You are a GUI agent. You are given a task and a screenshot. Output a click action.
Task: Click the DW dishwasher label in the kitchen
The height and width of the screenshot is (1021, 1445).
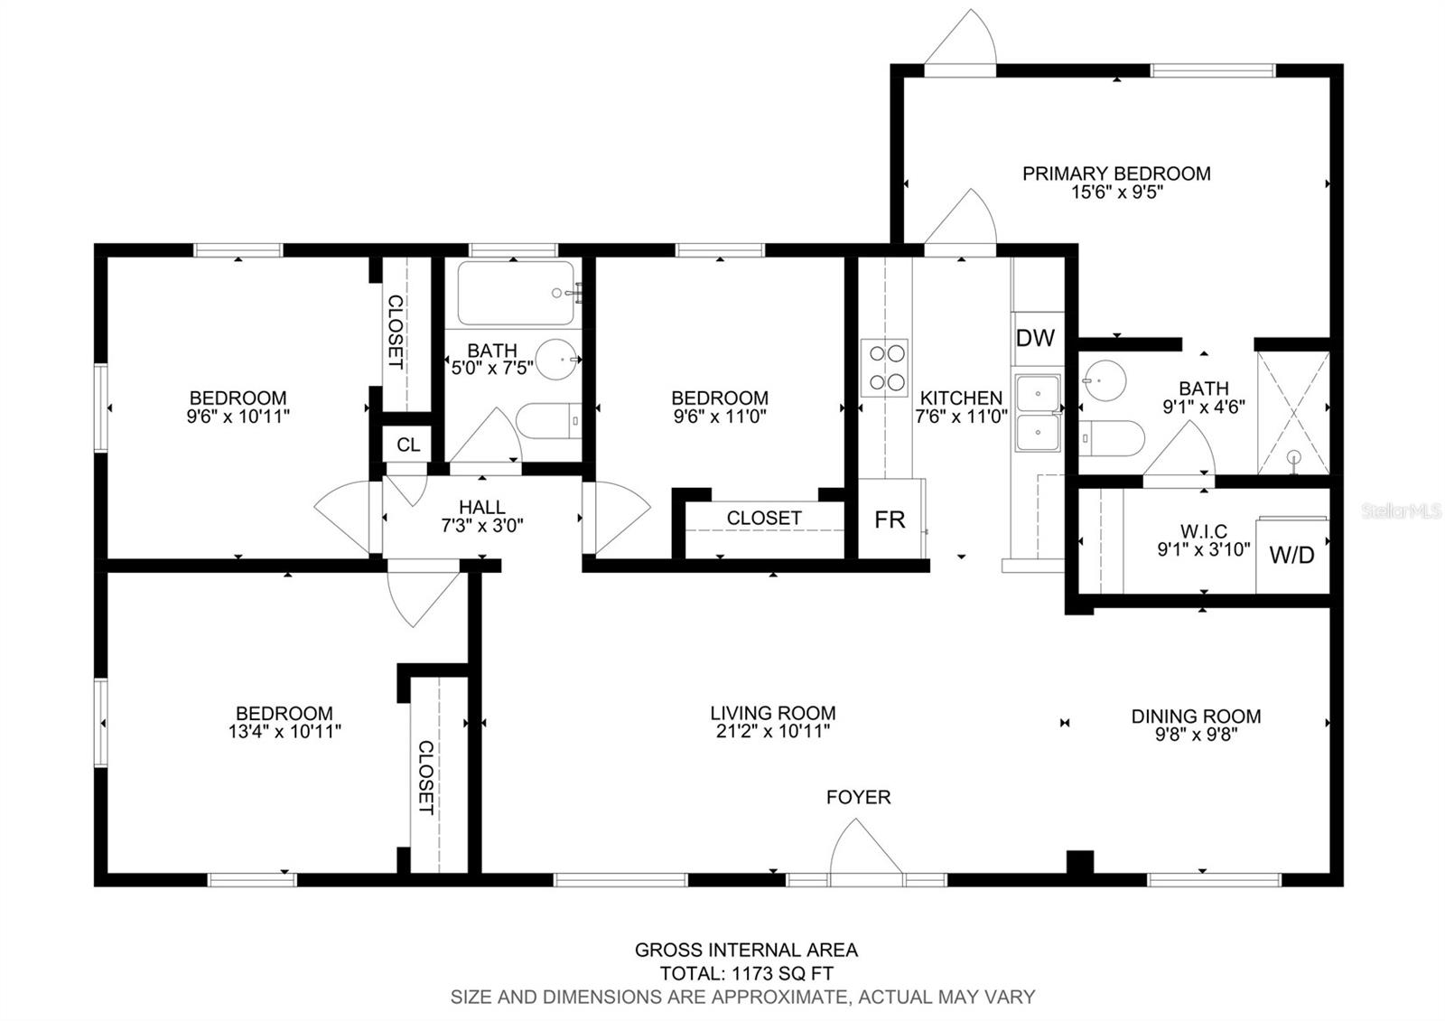pyautogui.click(x=1035, y=338)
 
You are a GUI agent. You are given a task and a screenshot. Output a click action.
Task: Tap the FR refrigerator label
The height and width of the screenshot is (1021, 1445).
pyautogui.click(x=890, y=520)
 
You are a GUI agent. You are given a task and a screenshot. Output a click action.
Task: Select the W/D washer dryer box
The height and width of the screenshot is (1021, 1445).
pyautogui.click(x=1292, y=555)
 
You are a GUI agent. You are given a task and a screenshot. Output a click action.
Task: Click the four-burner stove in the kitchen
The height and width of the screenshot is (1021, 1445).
pyautogui.click(x=884, y=368)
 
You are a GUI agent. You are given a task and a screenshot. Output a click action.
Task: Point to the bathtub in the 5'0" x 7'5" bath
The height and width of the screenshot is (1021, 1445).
pyautogui.click(x=516, y=293)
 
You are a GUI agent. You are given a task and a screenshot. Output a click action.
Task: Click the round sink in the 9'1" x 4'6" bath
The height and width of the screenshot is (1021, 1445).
pyautogui.click(x=1105, y=380)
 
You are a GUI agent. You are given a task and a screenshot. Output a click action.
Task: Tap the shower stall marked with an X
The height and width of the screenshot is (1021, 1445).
pyautogui.click(x=1293, y=413)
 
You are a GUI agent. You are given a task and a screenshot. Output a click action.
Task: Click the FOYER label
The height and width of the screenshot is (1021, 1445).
pyautogui.click(x=858, y=797)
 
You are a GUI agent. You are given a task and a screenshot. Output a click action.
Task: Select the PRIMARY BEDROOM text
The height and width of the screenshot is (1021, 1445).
pyautogui.click(x=1116, y=173)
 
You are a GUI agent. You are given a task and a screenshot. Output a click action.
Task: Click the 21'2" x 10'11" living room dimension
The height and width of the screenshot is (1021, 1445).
pyautogui.click(x=773, y=731)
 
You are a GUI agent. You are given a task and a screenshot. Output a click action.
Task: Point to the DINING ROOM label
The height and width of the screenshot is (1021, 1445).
pyautogui.click(x=1196, y=717)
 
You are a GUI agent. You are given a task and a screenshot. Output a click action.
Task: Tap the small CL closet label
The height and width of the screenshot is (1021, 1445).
pyautogui.click(x=408, y=445)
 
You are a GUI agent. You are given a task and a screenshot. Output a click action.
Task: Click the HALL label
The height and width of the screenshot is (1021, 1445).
pyautogui.click(x=482, y=507)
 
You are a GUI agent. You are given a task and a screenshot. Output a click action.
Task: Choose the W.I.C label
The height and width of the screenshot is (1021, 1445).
pyautogui.click(x=1204, y=531)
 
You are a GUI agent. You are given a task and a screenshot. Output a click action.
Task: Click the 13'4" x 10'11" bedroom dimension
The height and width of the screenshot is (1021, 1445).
pyautogui.click(x=284, y=731)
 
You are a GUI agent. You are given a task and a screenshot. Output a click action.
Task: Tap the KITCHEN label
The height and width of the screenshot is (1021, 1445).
pyautogui.click(x=961, y=398)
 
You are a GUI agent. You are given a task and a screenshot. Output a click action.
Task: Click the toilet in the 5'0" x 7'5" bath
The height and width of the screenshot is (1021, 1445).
pyautogui.click(x=549, y=421)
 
